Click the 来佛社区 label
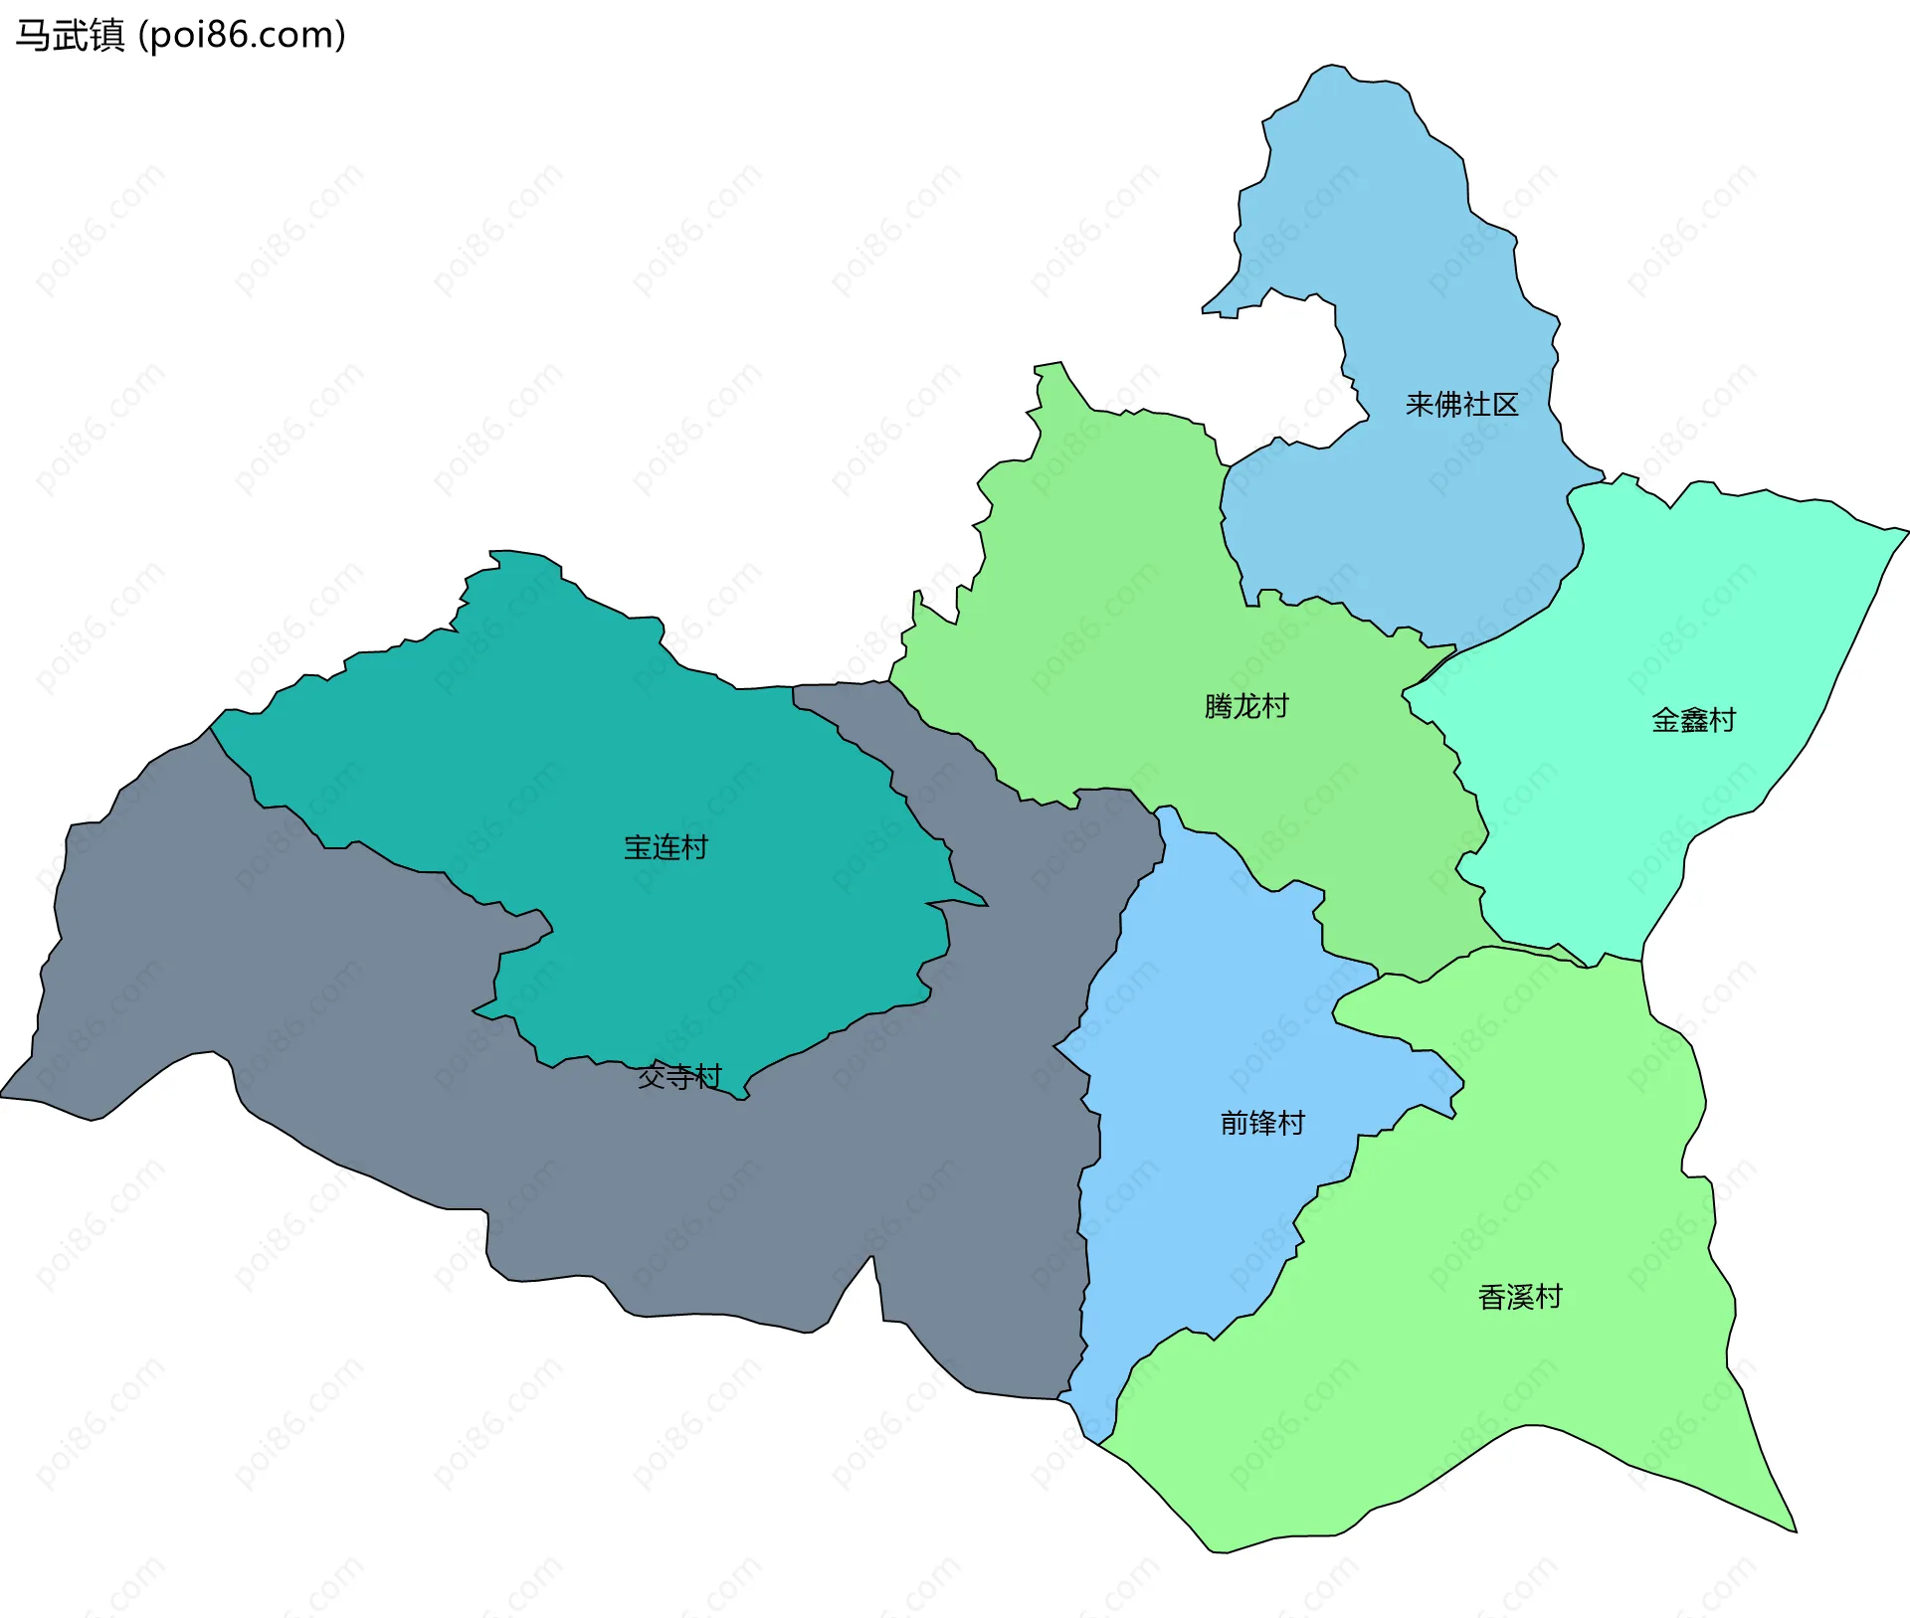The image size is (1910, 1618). click(x=1461, y=405)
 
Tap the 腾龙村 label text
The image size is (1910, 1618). click(x=1245, y=706)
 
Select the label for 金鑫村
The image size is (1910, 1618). click(x=1693, y=720)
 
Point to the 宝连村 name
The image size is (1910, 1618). click(x=666, y=847)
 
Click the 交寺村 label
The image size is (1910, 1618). click(x=679, y=1076)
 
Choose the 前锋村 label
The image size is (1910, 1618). click(x=1262, y=1123)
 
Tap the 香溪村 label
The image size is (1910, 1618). click(x=1520, y=1297)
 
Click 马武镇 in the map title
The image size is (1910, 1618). click(x=70, y=36)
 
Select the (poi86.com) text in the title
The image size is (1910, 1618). click(x=242, y=36)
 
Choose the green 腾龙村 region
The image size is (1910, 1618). click(x=1094, y=597)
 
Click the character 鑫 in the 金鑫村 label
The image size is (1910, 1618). click(x=1693, y=720)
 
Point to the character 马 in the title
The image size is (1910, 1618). click(x=32, y=36)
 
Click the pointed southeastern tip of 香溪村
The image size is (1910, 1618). click(x=1795, y=1530)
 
